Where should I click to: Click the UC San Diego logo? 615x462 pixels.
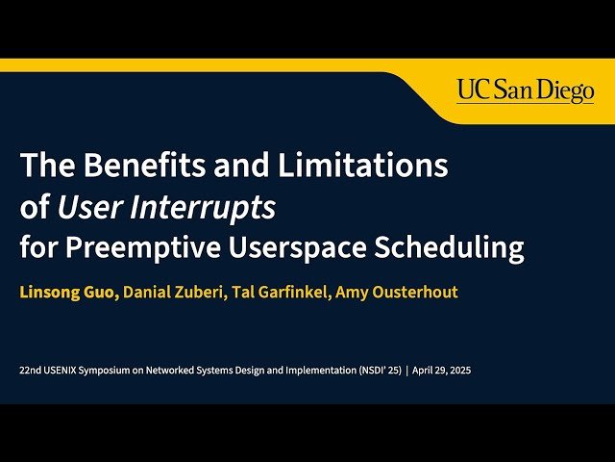click(x=526, y=90)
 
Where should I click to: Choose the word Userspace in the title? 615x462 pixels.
click(x=300, y=247)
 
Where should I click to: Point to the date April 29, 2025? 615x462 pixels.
click(x=442, y=370)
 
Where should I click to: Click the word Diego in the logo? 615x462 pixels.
click(x=566, y=90)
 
